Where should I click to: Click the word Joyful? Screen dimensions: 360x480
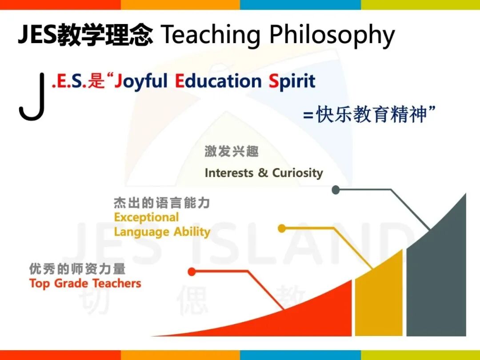click(x=141, y=81)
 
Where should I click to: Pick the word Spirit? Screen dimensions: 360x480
click(x=292, y=81)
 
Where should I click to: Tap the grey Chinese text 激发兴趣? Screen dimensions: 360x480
click(x=232, y=151)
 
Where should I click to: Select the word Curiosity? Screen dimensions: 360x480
click(x=297, y=173)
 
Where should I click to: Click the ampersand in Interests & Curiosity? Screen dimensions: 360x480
click(x=263, y=173)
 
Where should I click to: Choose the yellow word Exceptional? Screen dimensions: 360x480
click(x=146, y=217)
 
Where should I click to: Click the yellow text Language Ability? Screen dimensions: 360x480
click(x=162, y=232)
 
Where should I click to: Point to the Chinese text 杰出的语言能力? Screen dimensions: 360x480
click(x=162, y=204)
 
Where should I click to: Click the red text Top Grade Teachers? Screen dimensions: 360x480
click(x=85, y=283)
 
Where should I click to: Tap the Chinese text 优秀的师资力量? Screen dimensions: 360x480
click(x=77, y=269)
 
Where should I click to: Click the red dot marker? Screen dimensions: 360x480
click(x=192, y=272)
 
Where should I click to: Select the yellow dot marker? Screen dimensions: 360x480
click(x=281, y=228)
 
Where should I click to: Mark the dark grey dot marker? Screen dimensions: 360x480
click(x=336, y=190)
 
